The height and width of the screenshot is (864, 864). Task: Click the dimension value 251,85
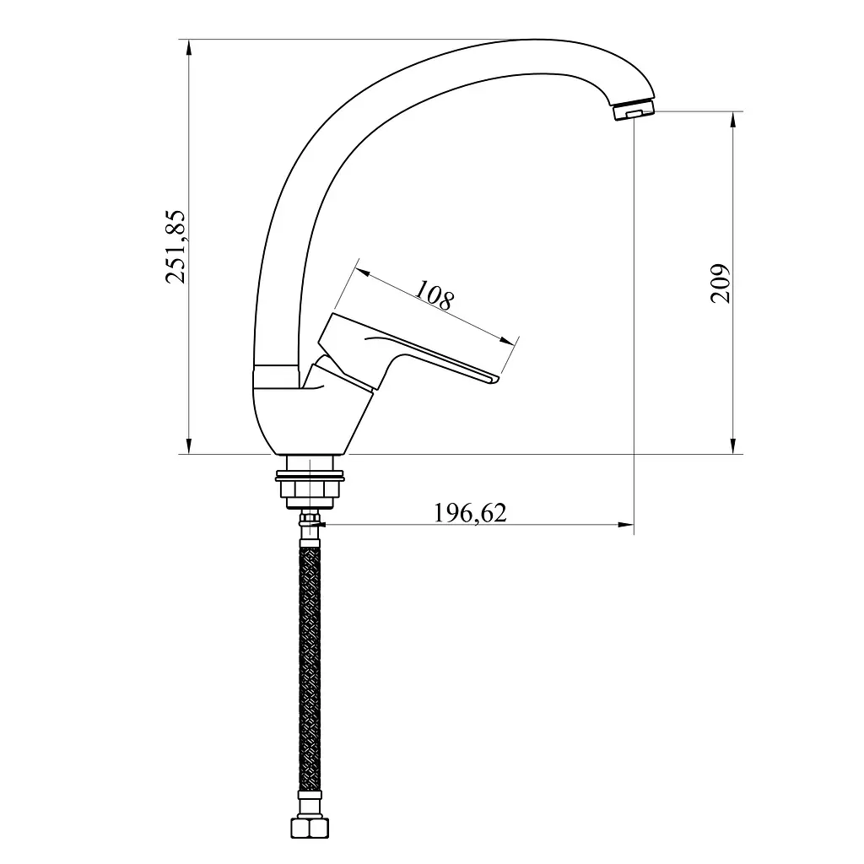[175, 246]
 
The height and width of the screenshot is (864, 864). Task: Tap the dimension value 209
[720, 283]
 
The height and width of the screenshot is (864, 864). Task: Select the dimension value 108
[435, 294]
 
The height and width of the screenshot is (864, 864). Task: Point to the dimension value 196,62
[470, 513]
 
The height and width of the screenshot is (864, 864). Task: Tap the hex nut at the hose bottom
[310, 828]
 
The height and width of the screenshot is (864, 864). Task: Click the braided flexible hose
[310, 669]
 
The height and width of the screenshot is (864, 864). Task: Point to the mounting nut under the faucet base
[310, 483]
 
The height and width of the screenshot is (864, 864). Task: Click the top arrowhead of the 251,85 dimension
[189, 47]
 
